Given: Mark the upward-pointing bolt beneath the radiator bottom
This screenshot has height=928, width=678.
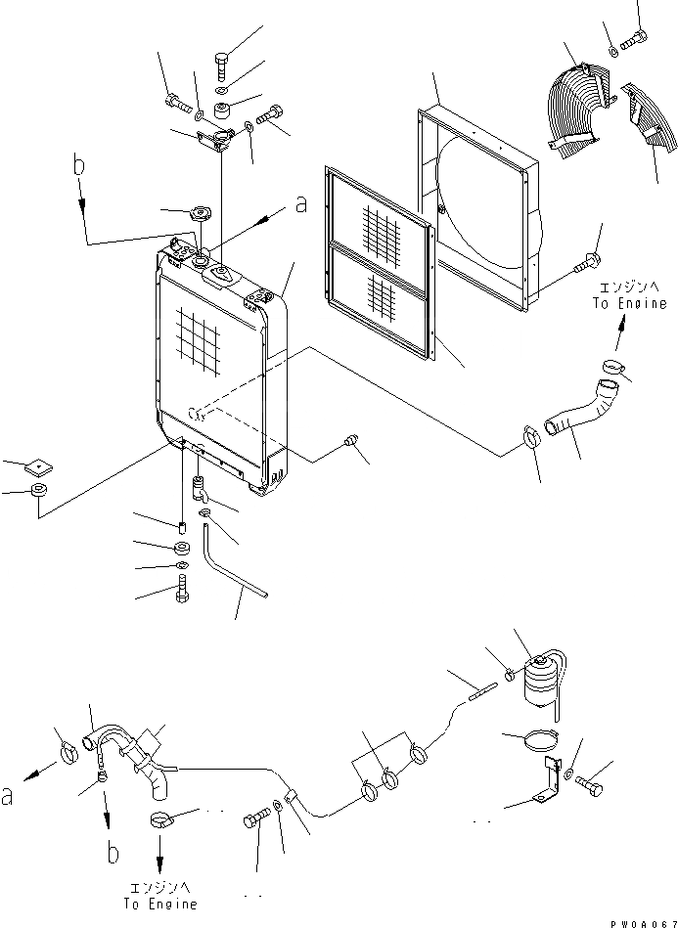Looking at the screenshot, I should click(183, 590).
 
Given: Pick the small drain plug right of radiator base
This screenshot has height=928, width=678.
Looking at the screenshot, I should click(351, 445).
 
